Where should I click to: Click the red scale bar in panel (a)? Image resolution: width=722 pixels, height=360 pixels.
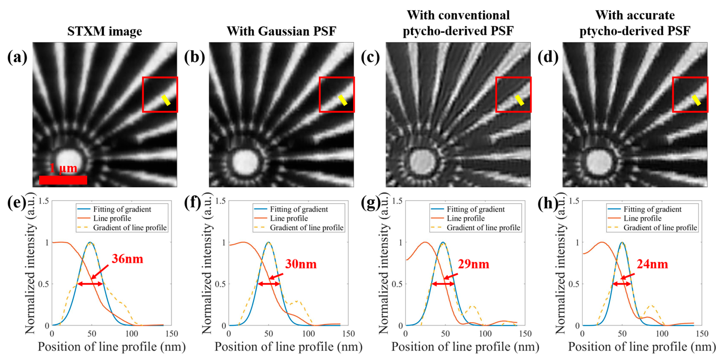click(63, 180)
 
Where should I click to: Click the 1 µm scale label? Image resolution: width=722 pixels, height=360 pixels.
click(63, 168)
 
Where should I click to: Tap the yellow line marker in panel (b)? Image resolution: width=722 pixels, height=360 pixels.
click(342, 100)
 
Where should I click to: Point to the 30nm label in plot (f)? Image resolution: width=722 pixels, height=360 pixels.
click(301, 264)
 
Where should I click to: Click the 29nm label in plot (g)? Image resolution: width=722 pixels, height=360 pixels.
click(473, 264)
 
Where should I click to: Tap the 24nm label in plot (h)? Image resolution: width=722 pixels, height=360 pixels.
click(652, 264)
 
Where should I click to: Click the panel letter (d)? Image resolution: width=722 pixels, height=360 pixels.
click(548, 57)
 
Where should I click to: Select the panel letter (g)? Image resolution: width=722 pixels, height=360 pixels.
click(371, 203)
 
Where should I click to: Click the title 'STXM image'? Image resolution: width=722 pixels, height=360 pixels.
click(105, 31)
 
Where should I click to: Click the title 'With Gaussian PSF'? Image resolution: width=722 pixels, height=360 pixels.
click(281, 31)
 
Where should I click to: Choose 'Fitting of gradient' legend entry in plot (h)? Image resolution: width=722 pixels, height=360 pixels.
click(652, 209)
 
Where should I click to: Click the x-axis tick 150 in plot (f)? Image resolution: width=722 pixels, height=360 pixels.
click(348, 334)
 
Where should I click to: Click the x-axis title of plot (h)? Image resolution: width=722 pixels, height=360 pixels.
click(642, 347)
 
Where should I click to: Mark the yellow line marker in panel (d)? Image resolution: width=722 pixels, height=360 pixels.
click(696, 100)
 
